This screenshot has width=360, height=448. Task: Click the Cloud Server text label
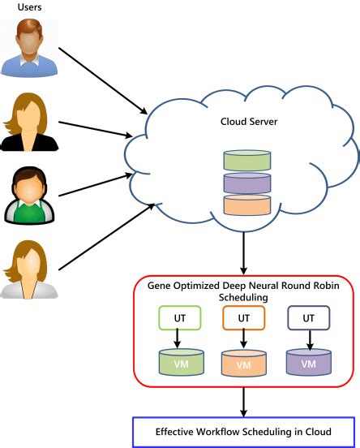point(248,122)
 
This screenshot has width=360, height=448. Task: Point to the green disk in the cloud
point(246,160)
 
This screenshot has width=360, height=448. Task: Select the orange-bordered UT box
point(243,318)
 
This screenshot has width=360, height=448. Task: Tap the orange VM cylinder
point(243,363)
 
